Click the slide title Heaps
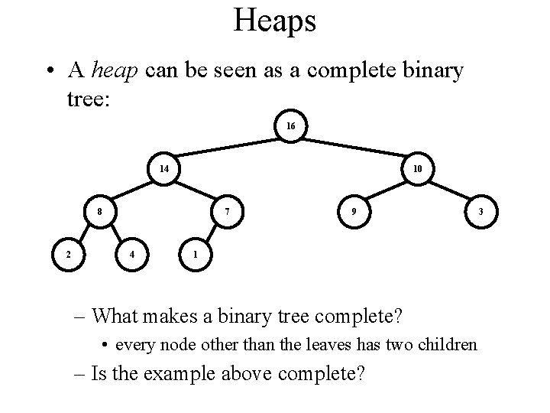point(275,21)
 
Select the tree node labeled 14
point(164,168)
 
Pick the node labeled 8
point(100,210)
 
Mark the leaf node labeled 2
point(68,253)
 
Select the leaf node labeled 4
point(132,253)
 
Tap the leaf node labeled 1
point(196,253)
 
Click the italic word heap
point(115,71)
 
